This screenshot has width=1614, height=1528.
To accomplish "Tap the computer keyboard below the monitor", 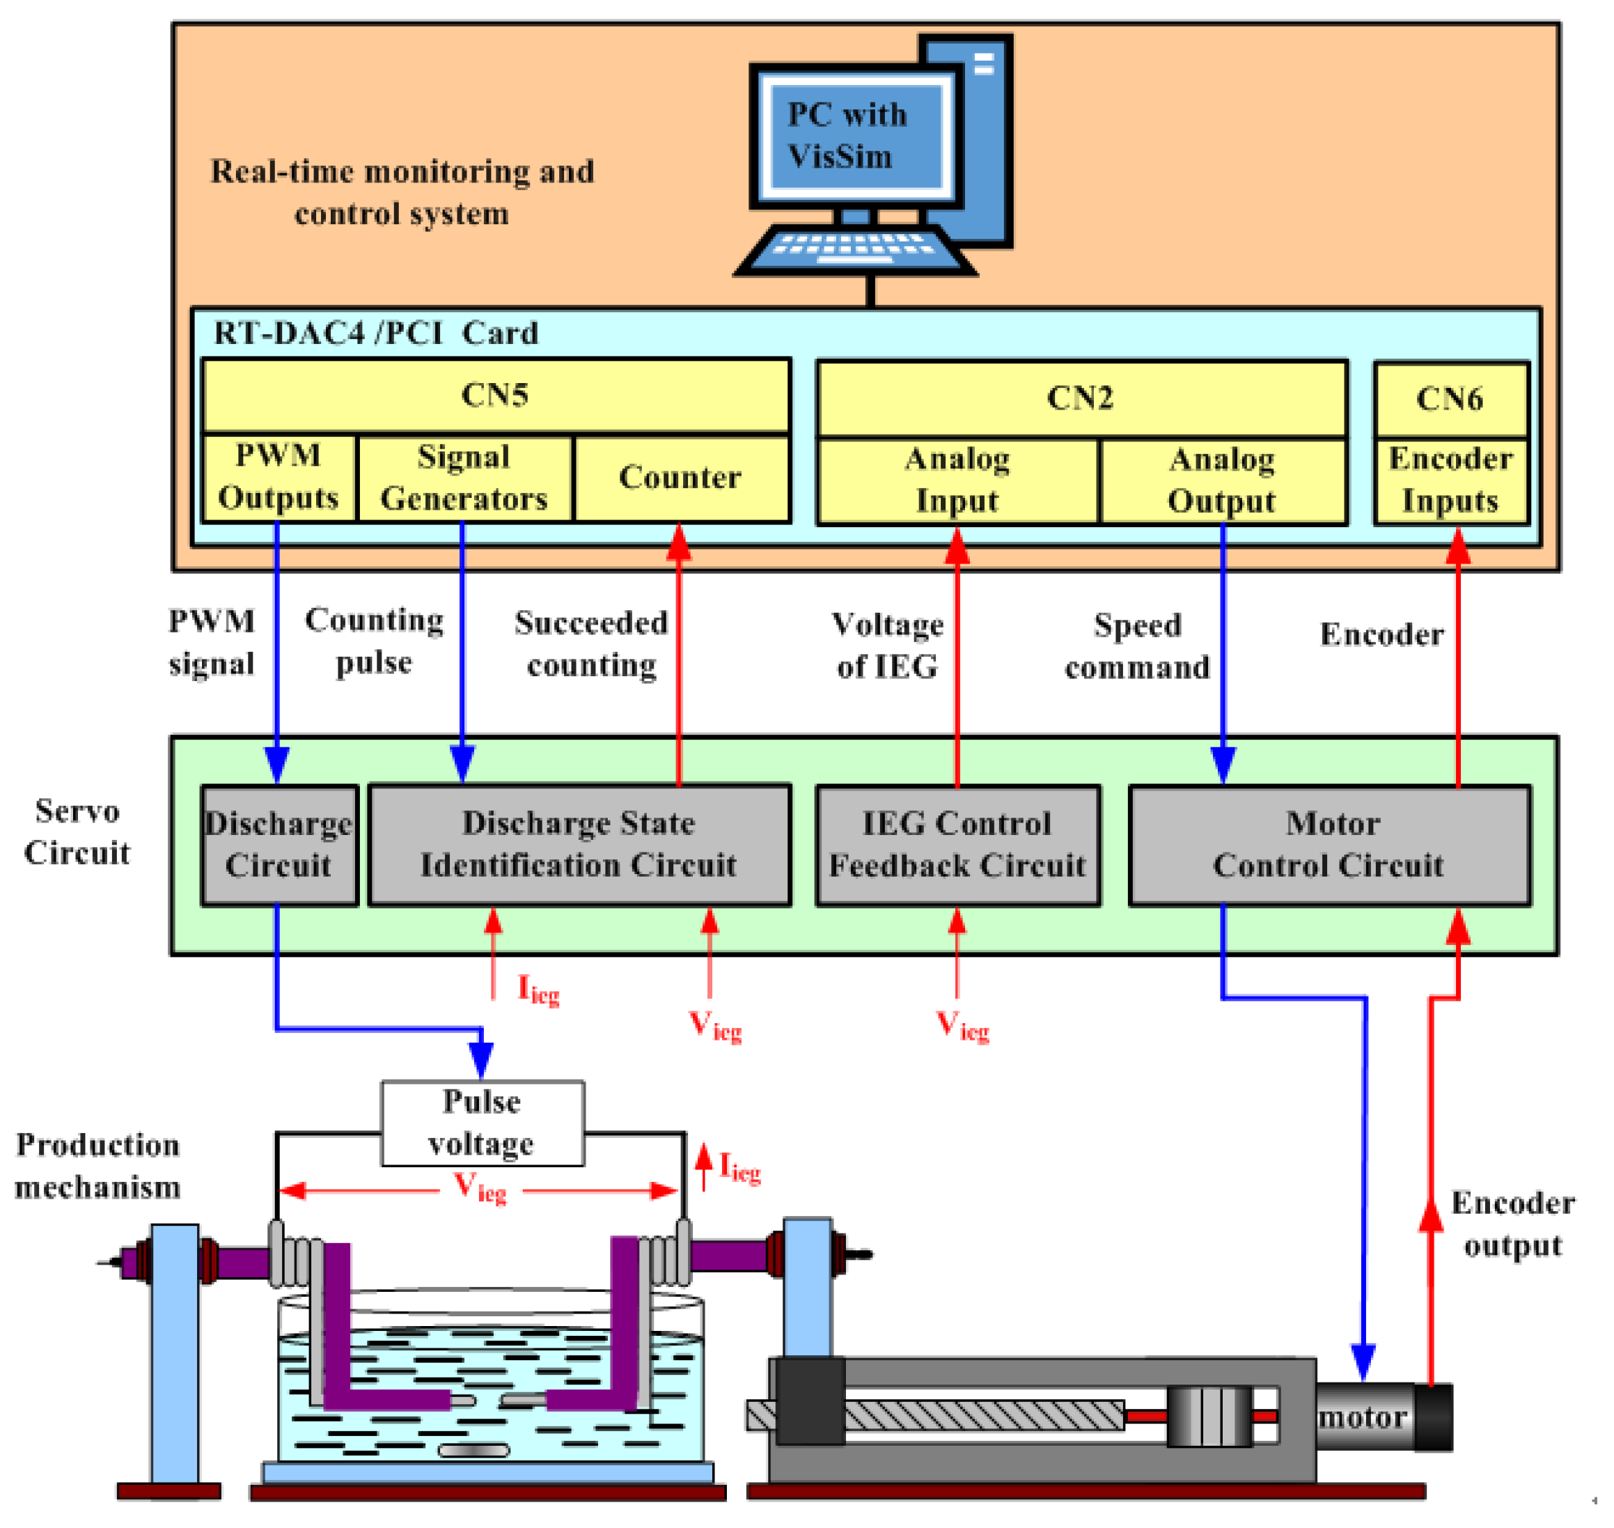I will point(855,248).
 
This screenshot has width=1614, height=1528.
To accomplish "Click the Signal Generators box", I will point(464,478).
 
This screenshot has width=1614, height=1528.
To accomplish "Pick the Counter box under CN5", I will point(681,478).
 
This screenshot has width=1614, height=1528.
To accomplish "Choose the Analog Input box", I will point(957,481).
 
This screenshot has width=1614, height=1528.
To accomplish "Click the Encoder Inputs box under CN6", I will point(1450,481).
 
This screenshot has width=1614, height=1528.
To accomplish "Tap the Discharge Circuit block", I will point(279,845).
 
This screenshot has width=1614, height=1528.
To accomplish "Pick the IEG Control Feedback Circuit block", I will point(957,845).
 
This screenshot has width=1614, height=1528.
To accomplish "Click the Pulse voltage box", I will point(482,1123).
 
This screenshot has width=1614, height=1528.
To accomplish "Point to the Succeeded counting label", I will point(591,644).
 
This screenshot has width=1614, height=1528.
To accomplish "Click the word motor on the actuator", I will point(1363,1418).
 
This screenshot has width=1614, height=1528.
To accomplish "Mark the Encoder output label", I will point(1512,1224).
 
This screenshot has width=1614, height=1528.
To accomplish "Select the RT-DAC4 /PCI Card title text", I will point(375,333).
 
